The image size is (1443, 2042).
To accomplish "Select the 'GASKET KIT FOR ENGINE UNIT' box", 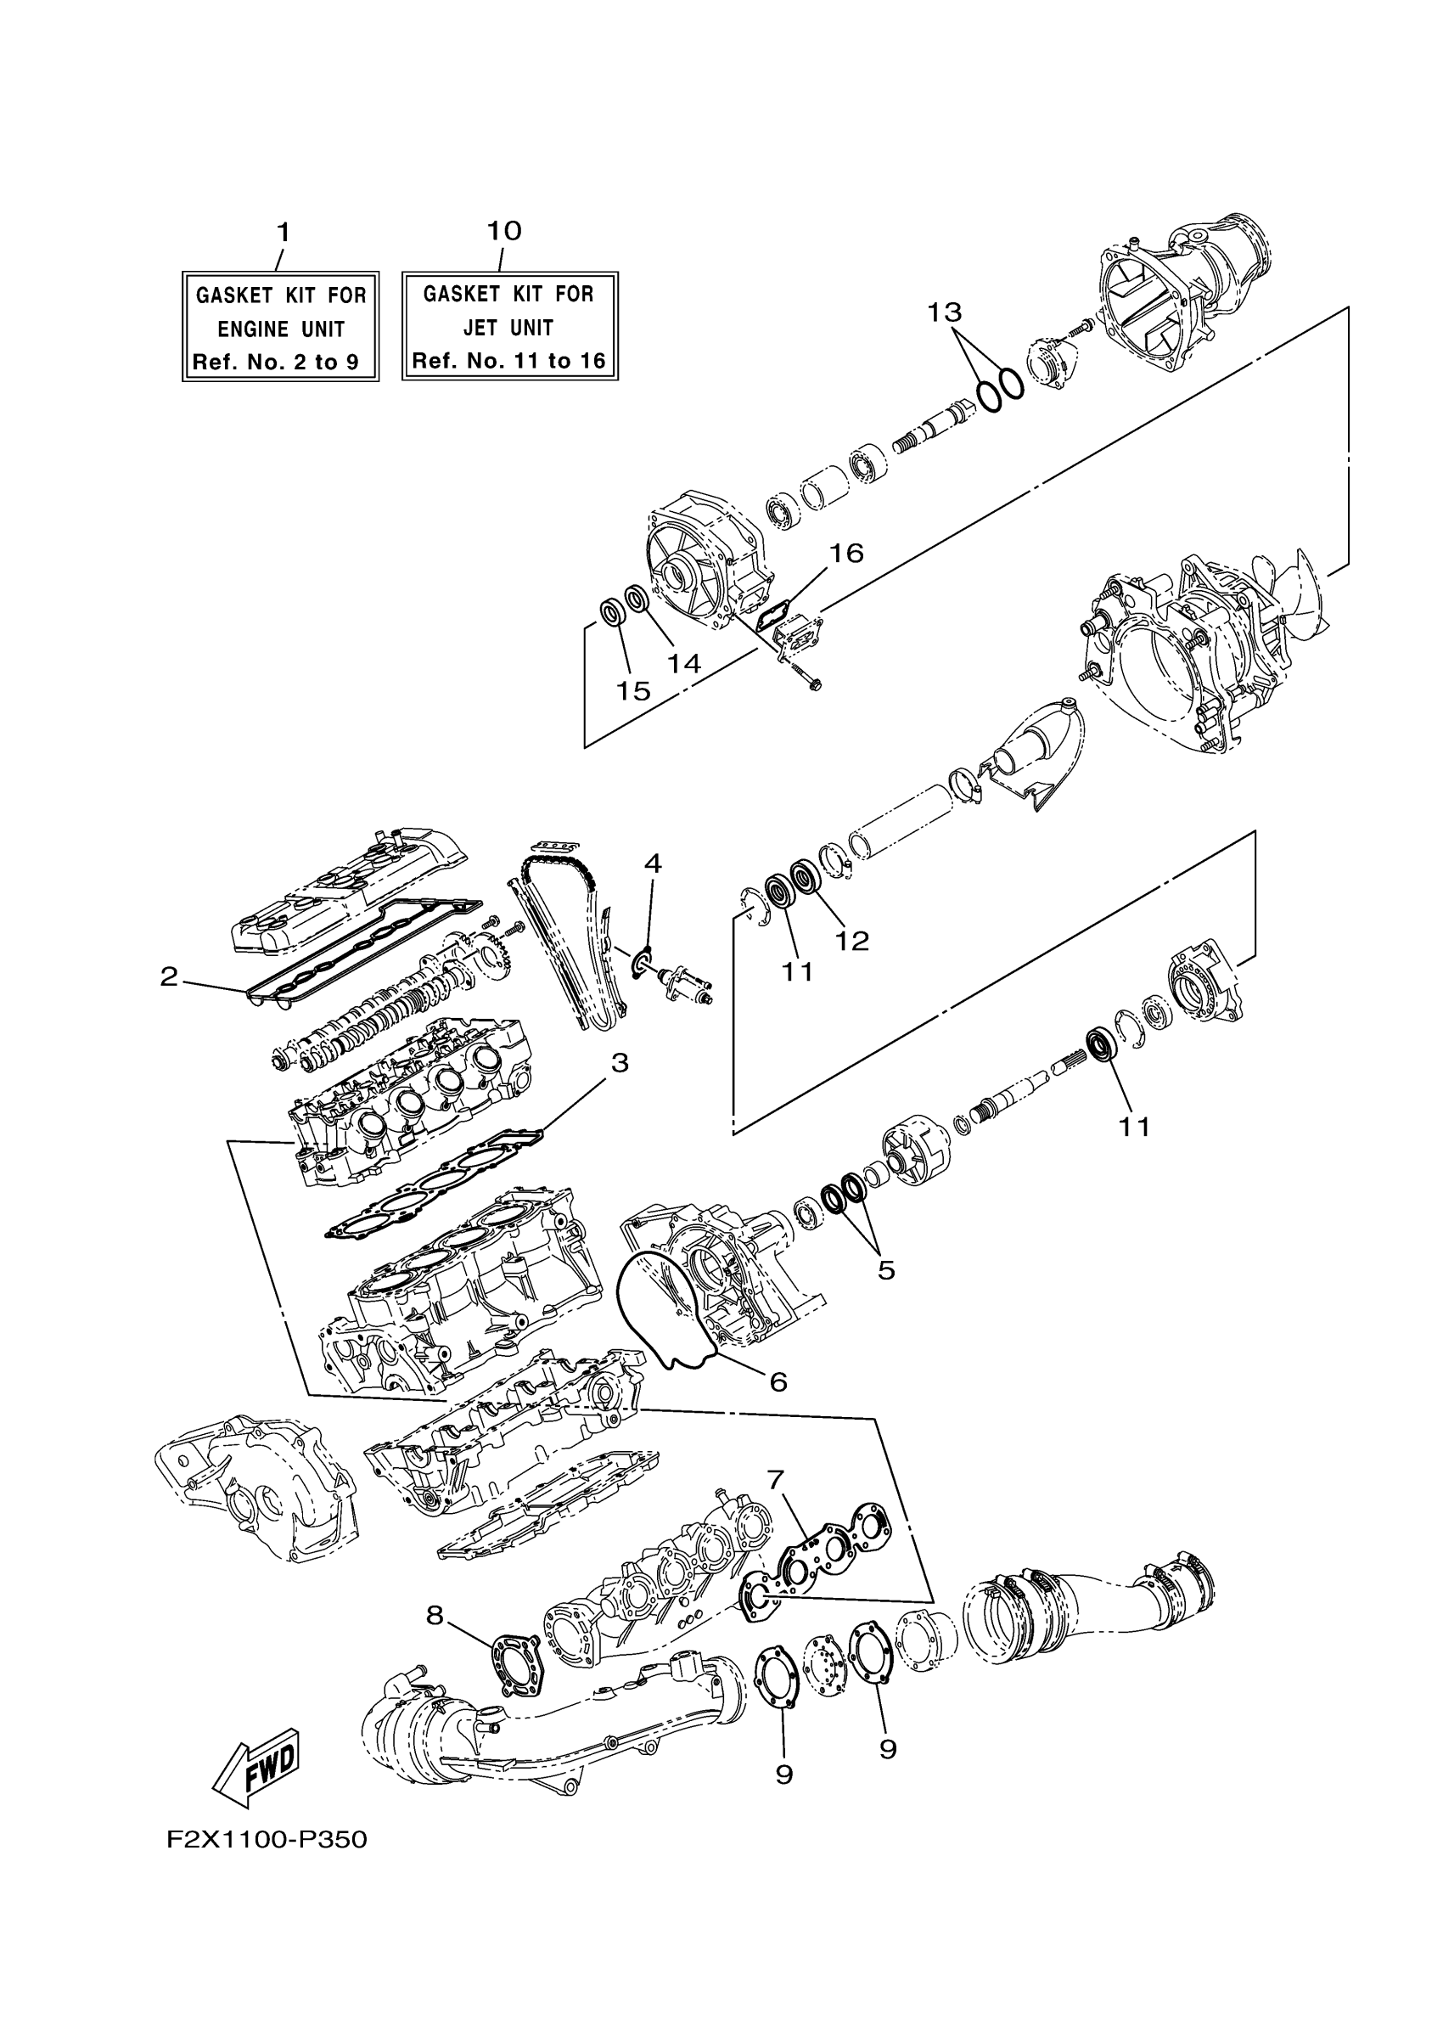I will [280, 326].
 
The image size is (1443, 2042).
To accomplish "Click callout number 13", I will [944, 312].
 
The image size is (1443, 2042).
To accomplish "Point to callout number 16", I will [845, 554].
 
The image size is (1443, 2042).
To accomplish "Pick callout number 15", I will [633, 690].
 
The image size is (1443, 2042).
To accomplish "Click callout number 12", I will [851, 940].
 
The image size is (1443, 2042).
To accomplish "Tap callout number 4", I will [653, 863].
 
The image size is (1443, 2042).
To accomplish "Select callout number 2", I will [169, 976].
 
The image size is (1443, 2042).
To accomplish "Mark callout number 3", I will [619, 1062].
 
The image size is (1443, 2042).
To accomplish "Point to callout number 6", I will [778, 1381].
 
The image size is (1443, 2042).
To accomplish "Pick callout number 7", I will [775, 1479].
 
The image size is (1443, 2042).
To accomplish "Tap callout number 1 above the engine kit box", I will [283, 233].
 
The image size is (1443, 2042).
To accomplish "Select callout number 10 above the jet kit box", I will [503, 231].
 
